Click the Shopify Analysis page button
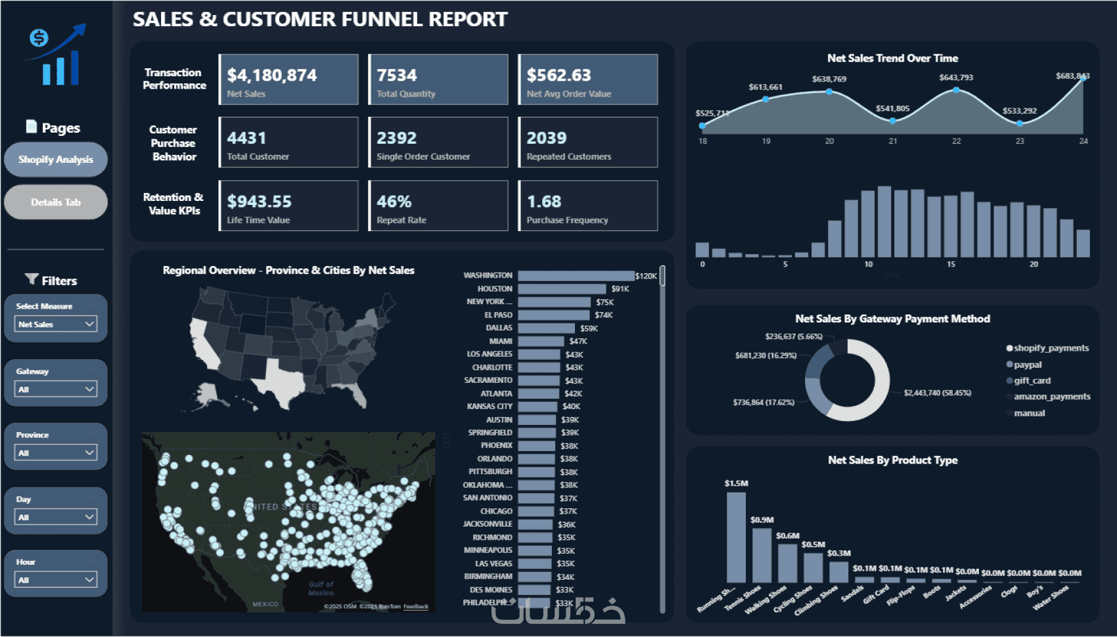56,160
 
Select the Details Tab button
56,202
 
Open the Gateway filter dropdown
56,389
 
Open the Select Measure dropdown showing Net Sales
56,324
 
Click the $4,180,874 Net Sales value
272,76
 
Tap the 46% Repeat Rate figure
394,202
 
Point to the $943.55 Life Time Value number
260,202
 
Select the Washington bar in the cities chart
576,276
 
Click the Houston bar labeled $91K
561,289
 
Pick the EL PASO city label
498,315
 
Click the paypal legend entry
1027,364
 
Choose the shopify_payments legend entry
1051,348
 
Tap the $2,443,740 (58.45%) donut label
937,393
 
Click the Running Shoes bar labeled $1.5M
736,537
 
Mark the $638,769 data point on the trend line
829,92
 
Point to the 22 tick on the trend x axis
956,141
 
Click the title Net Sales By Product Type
892,460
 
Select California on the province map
204,345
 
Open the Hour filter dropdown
56,580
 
